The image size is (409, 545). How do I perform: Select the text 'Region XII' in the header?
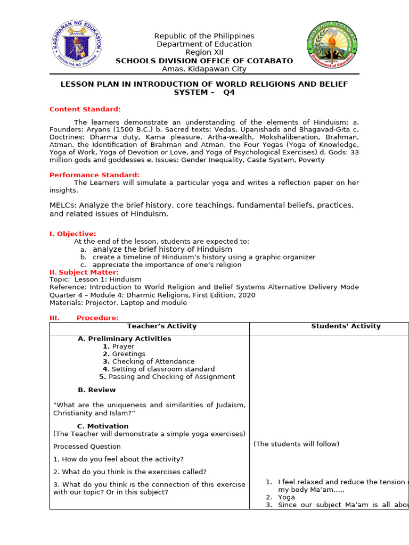coord(204,52)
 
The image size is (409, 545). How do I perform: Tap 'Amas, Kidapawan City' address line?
coord(204,69)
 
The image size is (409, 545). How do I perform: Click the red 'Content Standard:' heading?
coord(85,109)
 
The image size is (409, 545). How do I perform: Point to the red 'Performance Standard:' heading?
coord(94,175)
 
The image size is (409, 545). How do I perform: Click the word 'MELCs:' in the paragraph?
coord(63,205)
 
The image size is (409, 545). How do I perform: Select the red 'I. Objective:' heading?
coord(72,234)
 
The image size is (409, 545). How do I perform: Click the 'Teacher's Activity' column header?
coord(161,326)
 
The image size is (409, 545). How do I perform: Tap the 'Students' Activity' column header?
coord(346,326)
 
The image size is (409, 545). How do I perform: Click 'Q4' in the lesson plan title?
coord(228,92)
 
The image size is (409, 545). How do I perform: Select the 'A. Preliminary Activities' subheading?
coord(124,338)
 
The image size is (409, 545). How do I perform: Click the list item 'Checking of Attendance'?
coord(153,361)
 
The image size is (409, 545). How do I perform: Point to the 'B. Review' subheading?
coord(96,390)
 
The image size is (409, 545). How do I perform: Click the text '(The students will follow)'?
coord(296,444)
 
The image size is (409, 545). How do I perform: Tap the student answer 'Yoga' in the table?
coord(286,497)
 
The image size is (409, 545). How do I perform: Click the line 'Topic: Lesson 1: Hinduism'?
coord(95,279)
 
